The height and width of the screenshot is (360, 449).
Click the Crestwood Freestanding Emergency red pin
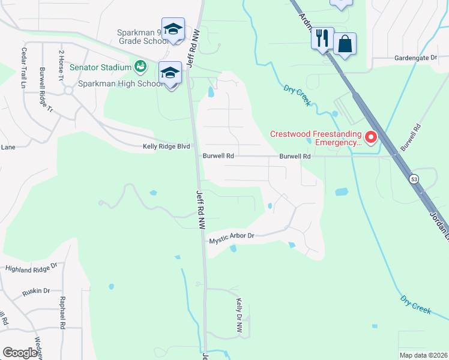370,138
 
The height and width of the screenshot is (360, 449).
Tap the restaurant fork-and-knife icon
322,39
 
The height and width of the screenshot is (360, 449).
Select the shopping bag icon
345,44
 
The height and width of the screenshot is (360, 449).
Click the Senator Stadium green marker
140,66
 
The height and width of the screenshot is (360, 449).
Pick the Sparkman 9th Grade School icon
173,29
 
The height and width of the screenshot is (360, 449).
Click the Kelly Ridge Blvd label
166,146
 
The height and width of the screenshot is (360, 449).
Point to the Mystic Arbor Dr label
232,239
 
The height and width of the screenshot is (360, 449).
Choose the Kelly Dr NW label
239,316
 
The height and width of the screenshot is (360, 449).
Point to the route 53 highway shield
414,179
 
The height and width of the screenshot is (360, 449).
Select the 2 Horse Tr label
61,64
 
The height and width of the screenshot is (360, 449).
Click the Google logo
20,353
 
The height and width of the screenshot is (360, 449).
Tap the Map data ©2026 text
423,355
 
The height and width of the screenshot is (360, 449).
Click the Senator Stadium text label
100,67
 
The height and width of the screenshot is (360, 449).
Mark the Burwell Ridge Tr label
42,90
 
